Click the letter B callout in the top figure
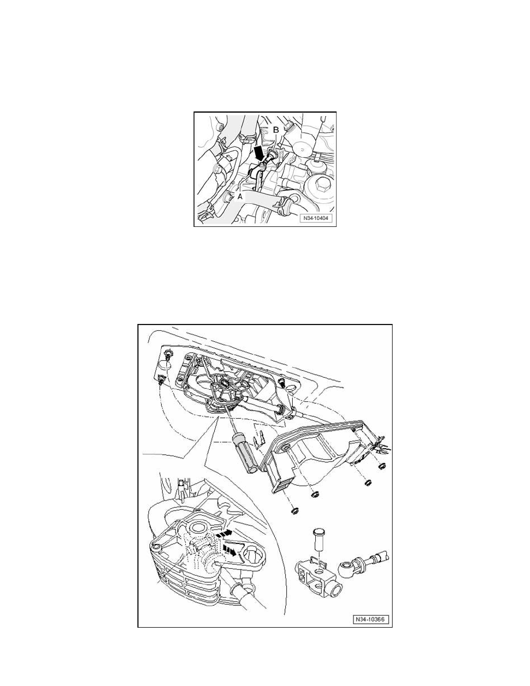tap(276, 130)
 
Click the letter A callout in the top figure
tap(240, 197)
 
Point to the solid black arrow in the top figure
tap(260, 154)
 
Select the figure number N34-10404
tap(316, 218)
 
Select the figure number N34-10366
tap(371, 620)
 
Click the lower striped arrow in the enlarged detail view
tap(232, 550)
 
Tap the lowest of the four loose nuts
tap(295, 510)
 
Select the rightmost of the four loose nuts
tap(381, 467)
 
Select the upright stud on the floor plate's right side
tap(282, 382)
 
